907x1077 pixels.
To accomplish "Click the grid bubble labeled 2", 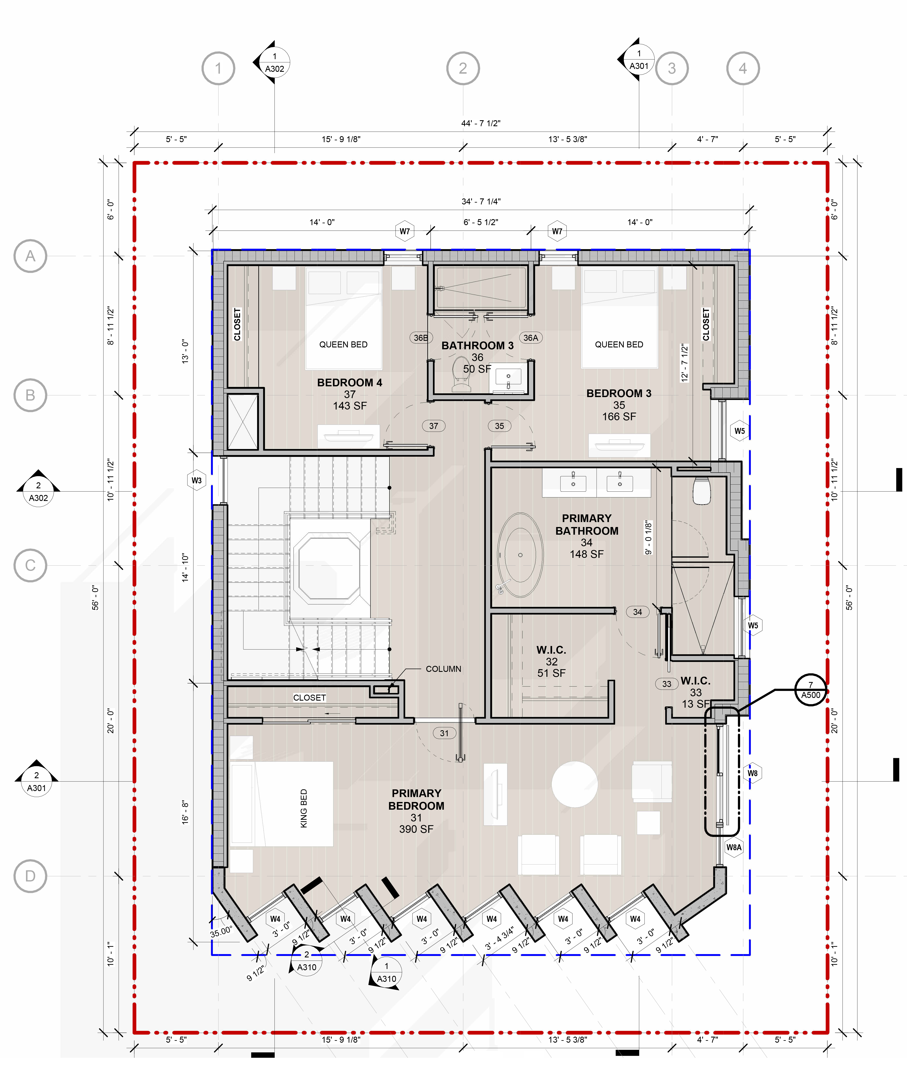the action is [463, 68].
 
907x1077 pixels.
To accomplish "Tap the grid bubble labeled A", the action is [30, 256].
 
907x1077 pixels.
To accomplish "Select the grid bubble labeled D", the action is [30, 876].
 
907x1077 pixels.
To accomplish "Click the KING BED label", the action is [303, 808].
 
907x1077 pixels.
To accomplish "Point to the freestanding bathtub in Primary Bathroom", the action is [520, 555].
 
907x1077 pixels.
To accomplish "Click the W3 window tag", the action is [196, 480].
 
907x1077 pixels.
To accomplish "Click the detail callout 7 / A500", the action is [811, 690].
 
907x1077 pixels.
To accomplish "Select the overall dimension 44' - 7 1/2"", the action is [481, 124].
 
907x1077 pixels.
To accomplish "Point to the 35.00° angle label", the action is [221, 932].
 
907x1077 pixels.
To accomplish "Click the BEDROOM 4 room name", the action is [350, 383].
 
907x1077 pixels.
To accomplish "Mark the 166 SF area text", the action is [619, 417].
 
